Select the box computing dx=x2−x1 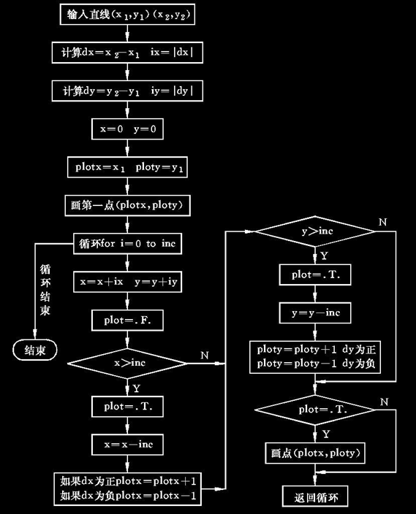(127, 53)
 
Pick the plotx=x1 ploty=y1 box (127, 167)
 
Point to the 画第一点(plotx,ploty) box (127, 206)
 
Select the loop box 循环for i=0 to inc (127, 243)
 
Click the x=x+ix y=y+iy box (127, 281)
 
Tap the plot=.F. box (127, 319)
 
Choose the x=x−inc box (127, 443)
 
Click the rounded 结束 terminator (36, 350)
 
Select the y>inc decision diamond (314, 232)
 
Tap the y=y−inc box (314, 312)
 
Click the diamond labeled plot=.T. (314, 411)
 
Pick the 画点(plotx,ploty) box (314, 452)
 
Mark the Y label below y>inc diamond (324, 256)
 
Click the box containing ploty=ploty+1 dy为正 (314, 355)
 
